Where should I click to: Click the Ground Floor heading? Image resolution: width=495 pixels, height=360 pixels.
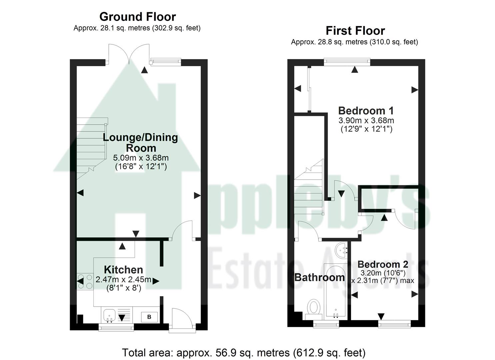pos(137,17)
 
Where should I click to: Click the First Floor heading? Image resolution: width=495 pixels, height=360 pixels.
pos(355,31)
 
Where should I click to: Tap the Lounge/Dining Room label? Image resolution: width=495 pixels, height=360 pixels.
pos(140,142)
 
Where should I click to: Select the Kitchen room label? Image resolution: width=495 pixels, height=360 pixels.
pos(123,270)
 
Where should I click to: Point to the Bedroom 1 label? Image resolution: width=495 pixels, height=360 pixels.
pos(366,110)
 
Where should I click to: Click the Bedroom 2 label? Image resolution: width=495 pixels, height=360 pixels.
pos(383,264)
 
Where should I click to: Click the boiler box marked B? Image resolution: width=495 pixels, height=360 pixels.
pos(149,317)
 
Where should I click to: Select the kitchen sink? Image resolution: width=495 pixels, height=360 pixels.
pos(109,315)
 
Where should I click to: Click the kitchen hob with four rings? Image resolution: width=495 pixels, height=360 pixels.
pos(85,281)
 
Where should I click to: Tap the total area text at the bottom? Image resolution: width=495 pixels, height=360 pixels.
pos(244,352)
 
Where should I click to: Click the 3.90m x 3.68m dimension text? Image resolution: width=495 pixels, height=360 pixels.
pos(366,120)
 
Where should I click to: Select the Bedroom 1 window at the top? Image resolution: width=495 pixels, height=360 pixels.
pos(347,61)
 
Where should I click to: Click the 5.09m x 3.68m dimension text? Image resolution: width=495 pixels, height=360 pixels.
pos(140,158)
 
